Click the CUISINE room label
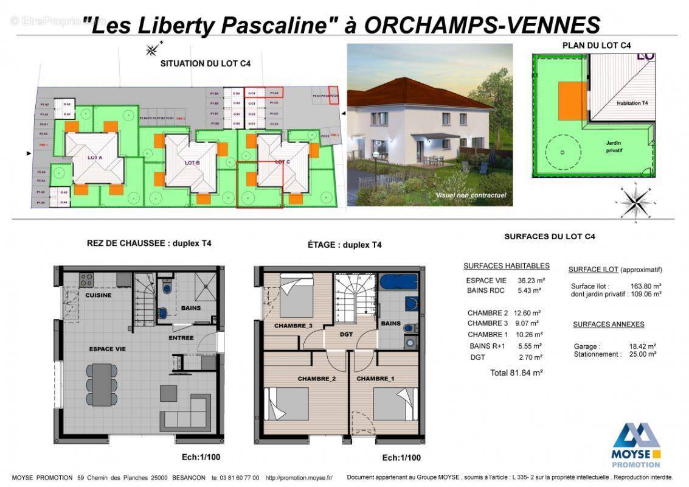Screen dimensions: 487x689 coord(97,295)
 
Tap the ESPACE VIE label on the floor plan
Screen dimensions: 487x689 coord(108,349)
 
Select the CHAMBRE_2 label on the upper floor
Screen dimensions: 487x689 coord(317,379)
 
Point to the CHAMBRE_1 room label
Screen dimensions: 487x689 coord(375,379)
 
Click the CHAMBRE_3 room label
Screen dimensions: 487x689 coord(293,326)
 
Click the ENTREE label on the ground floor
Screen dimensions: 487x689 coord(181,338)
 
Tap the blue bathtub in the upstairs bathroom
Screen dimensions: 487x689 coord(398,282)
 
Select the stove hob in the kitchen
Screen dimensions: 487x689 coord(86,280)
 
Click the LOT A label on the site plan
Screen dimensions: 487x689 coord(94,158)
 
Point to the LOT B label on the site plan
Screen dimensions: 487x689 coord(192,163)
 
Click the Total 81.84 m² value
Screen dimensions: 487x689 coord(516,373)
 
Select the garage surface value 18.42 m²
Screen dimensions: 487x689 coord(643,346)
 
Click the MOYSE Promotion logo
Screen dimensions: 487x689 coord(635,444)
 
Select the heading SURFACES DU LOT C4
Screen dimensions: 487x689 coord(549,236)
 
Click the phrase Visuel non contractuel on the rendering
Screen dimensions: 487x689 coord(470,195)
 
